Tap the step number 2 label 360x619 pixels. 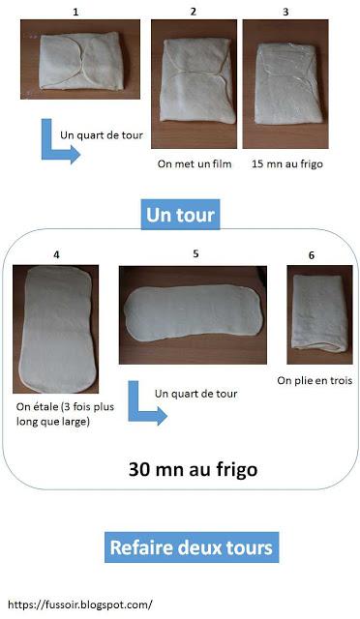(194, 11)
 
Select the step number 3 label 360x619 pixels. (285, 11)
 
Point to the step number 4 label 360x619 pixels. (57, 255)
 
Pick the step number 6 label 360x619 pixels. (312, 255)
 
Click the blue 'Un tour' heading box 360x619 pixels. (180, 213)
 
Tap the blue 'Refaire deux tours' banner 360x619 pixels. (190, 547)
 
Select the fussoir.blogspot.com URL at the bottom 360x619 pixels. (80, 604)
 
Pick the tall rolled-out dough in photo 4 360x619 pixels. (56, 329)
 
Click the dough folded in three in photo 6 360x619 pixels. (314, 314)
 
